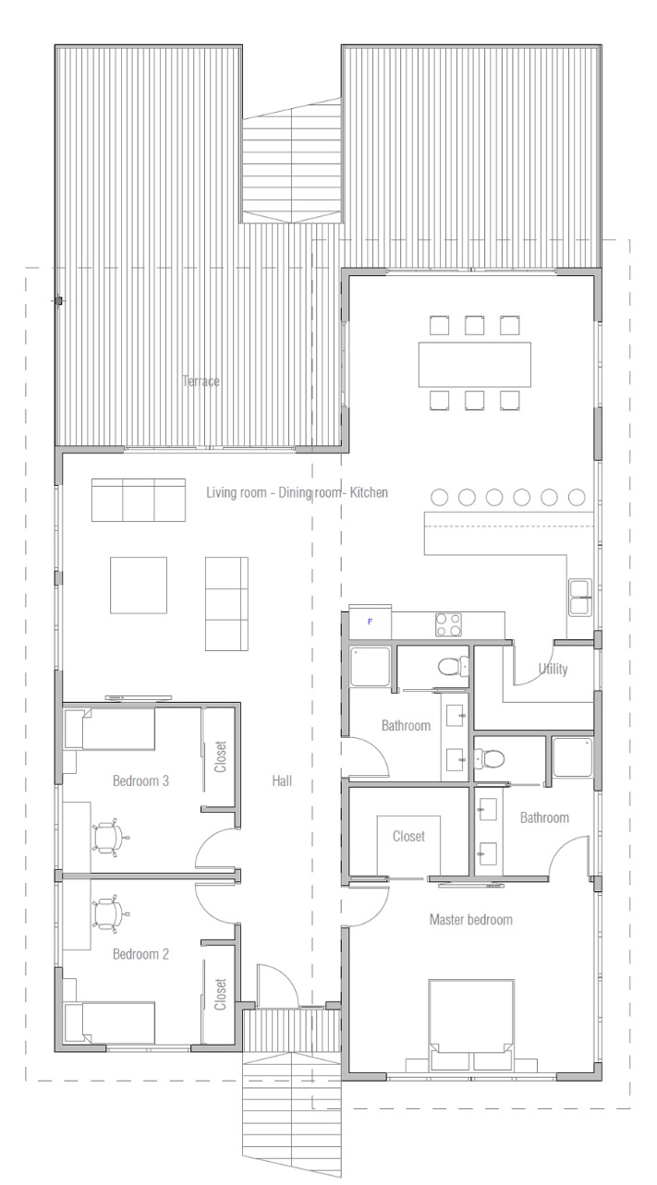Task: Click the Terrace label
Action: pyautogui.click(x=201, y=381)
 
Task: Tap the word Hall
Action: pyautogui.click(x=282, y=780)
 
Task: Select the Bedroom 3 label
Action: pyautogui.click(x=140, y=780)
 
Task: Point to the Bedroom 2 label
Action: pyautogui.click(x=140, y=954)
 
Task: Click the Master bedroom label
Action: pyautogui.click(x=470, y=919)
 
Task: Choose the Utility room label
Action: pyautogui.click(x=553, y=670)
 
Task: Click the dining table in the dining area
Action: pyautogui.click(x=474, y=365)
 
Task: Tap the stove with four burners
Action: pyautogui.click(x=448, y=624)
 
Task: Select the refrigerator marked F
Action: pyautogui.click(x=370, y=621)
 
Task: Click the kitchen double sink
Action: pyautogui.click(x=580, y=597)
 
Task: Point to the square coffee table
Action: pyautogui.click(x=139, y=585)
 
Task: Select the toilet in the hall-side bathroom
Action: pyautogui.click(x=453, y=667)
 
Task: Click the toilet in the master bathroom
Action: pyautogui.click(x=489, y=758)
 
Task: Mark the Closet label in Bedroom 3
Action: pyautogui.click(x=220, y=756)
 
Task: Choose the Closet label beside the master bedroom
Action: pyautogui.click(x=408, y=836)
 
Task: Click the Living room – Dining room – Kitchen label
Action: pyautogui.click(x=297, y=492)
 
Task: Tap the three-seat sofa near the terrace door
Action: pyautogui.click(x=139, y=500)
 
